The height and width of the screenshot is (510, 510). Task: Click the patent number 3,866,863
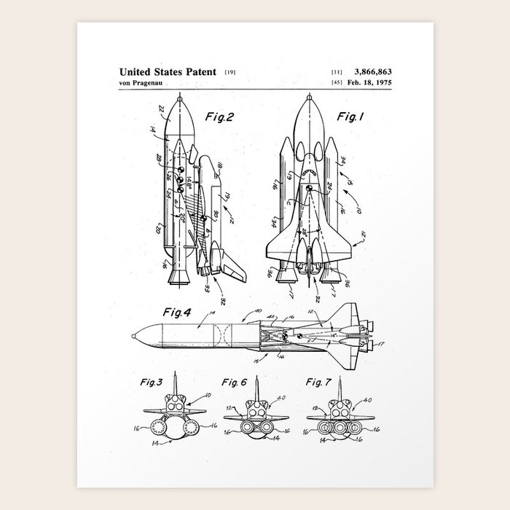coord(372,72)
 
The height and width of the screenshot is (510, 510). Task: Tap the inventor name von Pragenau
coord(141,84)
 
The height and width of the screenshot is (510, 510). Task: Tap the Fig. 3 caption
coord(150,382)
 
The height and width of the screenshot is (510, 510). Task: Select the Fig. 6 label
coord(235,382)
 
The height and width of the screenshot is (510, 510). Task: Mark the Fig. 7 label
coord(318,382)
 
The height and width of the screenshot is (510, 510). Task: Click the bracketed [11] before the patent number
coord(337,73)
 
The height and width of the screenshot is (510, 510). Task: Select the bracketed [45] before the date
coord(337,84)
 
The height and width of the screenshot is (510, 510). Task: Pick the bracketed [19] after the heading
coord(230,73)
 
